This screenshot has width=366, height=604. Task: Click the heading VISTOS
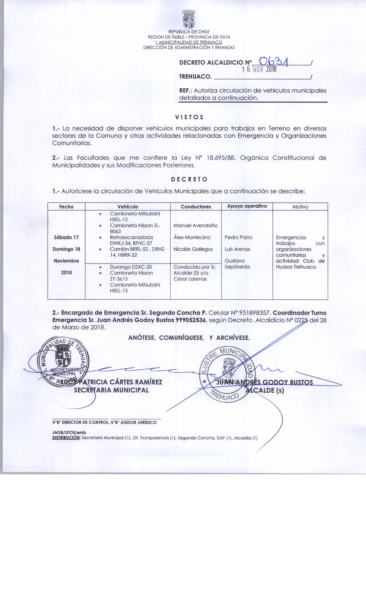coord(189,117)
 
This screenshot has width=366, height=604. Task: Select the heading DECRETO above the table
coord(189,179)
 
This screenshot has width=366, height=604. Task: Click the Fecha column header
coord(66,207)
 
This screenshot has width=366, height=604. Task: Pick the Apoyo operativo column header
coord(247,206)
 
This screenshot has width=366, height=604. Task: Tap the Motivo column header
coord(300,207)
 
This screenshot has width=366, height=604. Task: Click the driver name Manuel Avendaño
coord(195,225)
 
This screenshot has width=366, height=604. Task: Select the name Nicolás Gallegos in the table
coord(193,249)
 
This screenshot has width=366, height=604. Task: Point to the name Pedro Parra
coord(238,237)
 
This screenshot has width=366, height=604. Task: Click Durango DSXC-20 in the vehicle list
coord(131,267)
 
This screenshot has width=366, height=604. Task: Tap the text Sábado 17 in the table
coord(66,237)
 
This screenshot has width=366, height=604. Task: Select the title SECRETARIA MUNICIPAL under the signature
coord(111,390)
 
